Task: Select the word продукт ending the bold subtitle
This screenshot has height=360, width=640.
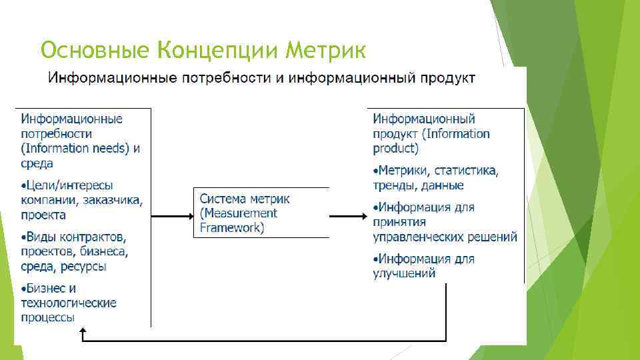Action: point(447,79)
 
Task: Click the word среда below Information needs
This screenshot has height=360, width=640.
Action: point(37,163)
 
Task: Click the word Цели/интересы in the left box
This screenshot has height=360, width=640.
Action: point(69,185)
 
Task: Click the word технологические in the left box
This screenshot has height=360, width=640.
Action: point(69,303)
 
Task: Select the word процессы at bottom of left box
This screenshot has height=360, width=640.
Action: point(47,317)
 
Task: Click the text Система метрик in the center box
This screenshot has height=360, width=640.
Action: point(245,199)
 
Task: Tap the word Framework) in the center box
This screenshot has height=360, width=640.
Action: point(232,227)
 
